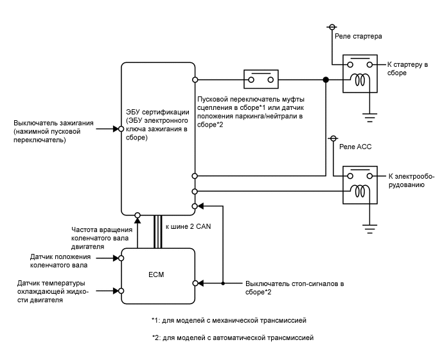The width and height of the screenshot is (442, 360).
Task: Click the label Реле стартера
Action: tap(358, 36)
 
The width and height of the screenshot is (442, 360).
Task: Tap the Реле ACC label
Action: tap(355, 147)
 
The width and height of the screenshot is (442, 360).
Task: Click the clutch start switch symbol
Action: tap(260, 80)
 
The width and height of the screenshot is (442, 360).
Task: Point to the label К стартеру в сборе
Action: tap(407, 69)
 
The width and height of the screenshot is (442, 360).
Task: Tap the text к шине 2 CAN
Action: tap(187, 227)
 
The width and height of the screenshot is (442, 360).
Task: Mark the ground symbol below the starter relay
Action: tap(369, 118)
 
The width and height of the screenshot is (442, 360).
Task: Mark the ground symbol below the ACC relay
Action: tap(369, 228)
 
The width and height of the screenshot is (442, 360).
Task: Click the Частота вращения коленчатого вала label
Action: tap(102, 238)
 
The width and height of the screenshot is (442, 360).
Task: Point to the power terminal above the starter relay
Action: tap(331, 27)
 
